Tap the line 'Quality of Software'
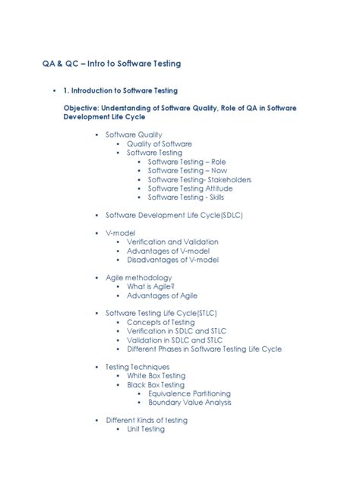point(159,144)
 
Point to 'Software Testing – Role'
point(187,162)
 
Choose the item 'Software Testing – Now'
point(187,171)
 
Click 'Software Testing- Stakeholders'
point(200,180)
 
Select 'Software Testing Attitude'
point(191,188)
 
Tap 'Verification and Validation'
point(172,242)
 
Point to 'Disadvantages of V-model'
point(172,260)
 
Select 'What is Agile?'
point(151,287)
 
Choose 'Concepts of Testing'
point(161,322)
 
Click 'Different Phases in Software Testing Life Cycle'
point(204,349)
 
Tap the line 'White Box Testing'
point(156,376)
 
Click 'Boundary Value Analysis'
point(190,403)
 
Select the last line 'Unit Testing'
point(146,429)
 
